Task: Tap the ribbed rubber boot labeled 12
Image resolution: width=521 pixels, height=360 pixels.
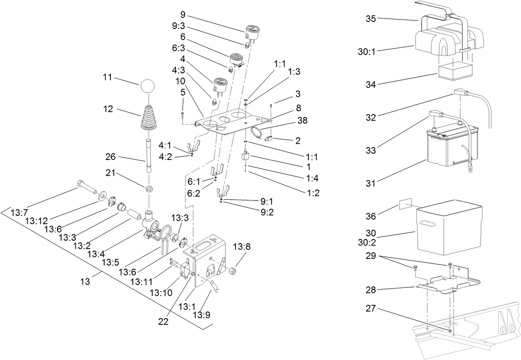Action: [x=148, y=119]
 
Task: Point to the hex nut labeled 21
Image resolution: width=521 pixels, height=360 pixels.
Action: [x=149, y=189]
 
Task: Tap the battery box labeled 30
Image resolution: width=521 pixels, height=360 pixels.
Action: [x=449, y=227]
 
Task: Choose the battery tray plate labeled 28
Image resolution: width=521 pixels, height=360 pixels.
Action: [x=449, y=283]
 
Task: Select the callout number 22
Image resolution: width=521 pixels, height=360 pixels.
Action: [x=164, y=322]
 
